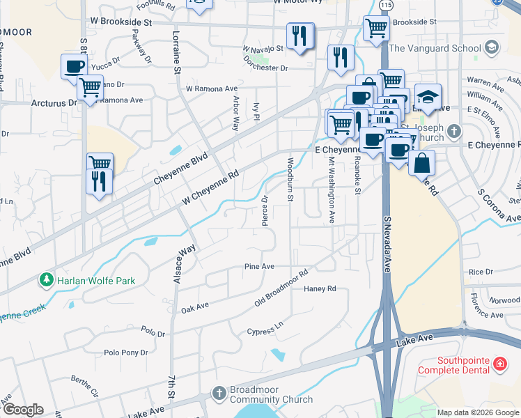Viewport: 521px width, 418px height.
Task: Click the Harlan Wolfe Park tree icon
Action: pyautogui.click(x=47, y=281)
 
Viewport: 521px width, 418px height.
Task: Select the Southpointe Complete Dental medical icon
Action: pyautogui.click(x=499, y=364)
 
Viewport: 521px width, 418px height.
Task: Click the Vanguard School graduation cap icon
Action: pyautogui.click(x=492, y=47)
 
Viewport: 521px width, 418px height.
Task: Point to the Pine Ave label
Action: pyautogui.click(x=259, y=266)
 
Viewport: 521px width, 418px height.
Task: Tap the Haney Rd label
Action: pyautogui.click(x=320, y=288)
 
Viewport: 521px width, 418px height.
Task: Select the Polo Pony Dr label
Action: pyautogui.click(x=126, y=353)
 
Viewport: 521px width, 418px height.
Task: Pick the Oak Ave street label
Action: pyautogui.click(x=195, y=307)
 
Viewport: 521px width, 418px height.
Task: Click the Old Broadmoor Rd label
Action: pyautogui.click(x=281, y=288)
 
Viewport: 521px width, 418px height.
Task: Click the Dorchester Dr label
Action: pyautogui.click(x=265, y=68)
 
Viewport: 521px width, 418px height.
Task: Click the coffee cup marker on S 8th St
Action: pyautogui.click(x=75, y=67)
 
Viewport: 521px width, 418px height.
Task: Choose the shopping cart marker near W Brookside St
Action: pyautogui.click(x=376, y=29)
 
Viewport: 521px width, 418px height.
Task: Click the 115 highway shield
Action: pyautogui.click(x=386, y=5)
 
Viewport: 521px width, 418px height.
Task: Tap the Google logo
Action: pyautogui.click(x=23, y=410)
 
